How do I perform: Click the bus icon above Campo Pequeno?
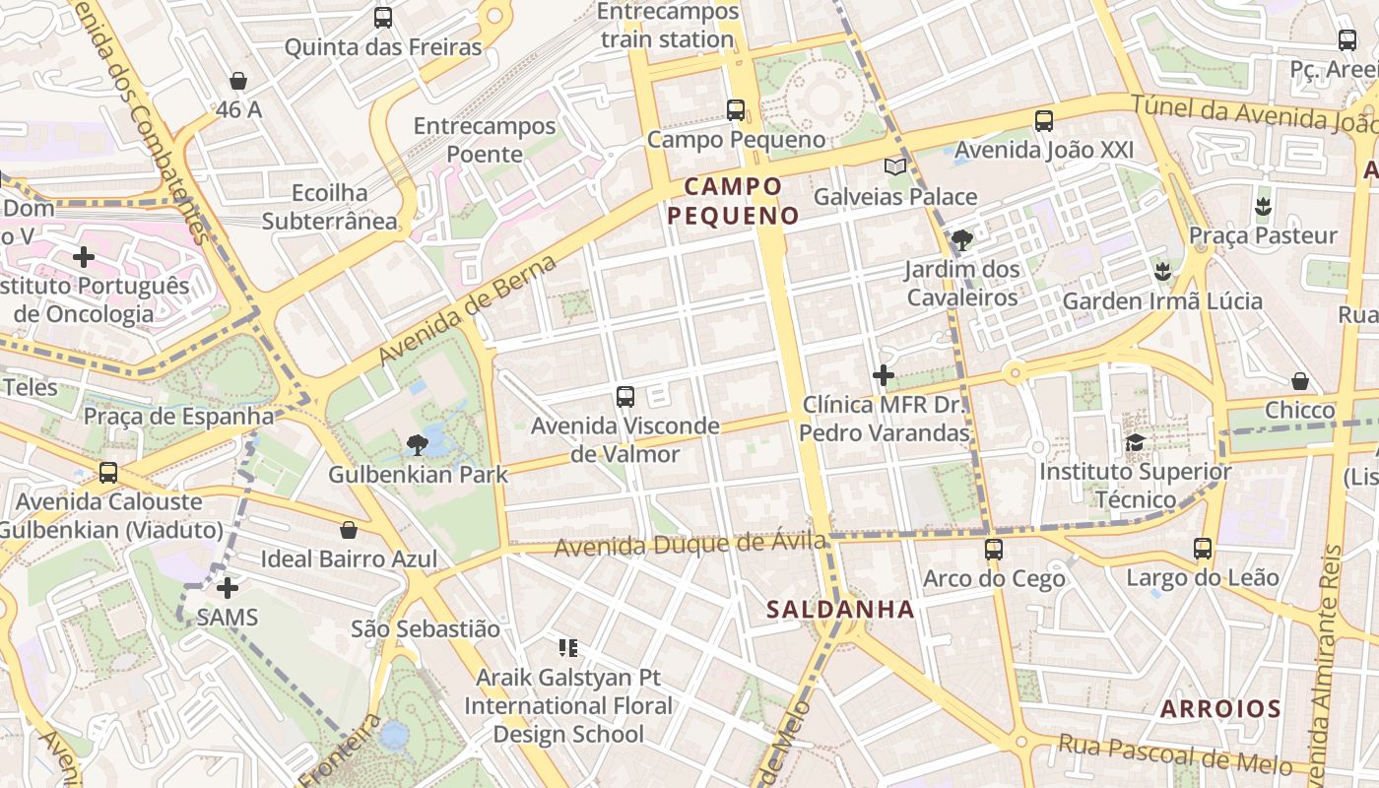coord(736,110)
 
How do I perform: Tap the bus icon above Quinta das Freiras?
coord(383,18)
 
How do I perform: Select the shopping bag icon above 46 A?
coord(237,81)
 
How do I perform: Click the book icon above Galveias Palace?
coord(894,167)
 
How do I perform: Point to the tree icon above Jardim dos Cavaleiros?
coord(961,239)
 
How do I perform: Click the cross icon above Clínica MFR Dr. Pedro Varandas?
coord(884,375)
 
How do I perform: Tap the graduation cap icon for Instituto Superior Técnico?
coord(1135,442)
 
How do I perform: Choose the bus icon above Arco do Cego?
coord(994,550)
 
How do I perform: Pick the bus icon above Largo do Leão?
coord(1203,549)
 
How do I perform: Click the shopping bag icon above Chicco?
coord(1300,381)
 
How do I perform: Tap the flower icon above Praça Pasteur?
coord(1262,207)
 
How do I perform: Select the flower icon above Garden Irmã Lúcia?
coord(1162,271)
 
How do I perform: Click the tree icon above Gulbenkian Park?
coord(418,445)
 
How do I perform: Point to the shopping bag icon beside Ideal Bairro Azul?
coord(348,531)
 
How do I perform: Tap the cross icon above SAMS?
coord(228,588)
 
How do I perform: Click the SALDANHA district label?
coord(840,610)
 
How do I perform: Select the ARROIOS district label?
coord(1219,709)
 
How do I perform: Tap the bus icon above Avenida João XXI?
coord(1044,121)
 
